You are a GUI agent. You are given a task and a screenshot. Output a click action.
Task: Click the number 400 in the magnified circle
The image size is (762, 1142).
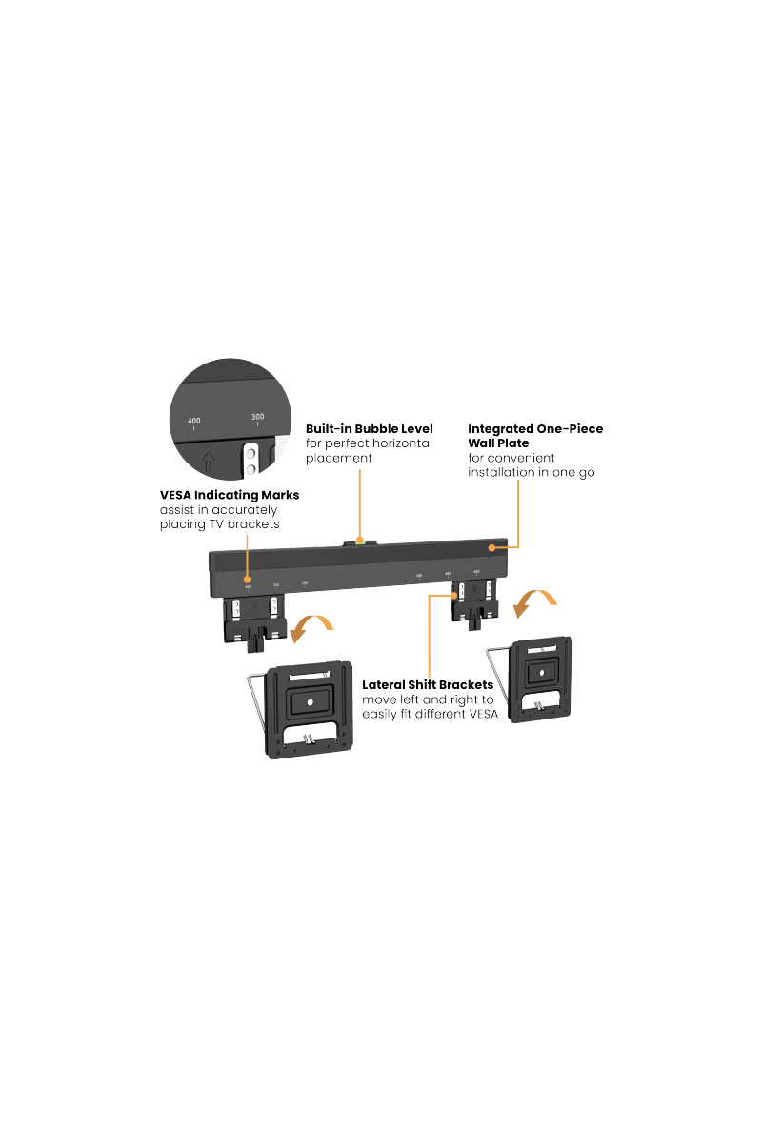coord(194,420)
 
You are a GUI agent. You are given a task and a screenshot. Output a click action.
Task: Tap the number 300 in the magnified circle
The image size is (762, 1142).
coord(257,416)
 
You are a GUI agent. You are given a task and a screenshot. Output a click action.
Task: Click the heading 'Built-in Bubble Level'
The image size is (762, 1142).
coord(369,429)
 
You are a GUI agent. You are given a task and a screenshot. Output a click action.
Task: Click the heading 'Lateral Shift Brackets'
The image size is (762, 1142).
coord(428,684)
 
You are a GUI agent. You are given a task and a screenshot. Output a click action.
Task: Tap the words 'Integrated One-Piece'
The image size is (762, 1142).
coord(534,429)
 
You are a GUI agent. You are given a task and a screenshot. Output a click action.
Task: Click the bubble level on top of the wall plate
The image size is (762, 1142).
coord(359,543)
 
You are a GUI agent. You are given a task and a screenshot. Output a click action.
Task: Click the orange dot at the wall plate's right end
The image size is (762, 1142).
coord(493,549)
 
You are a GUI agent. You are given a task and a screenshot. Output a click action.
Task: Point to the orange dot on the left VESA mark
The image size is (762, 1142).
coord(249,580)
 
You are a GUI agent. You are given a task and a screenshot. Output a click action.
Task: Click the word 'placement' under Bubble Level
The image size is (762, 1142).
coord(338,458)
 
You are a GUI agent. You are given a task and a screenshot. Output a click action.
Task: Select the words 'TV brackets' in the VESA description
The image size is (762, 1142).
coord(247,524)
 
